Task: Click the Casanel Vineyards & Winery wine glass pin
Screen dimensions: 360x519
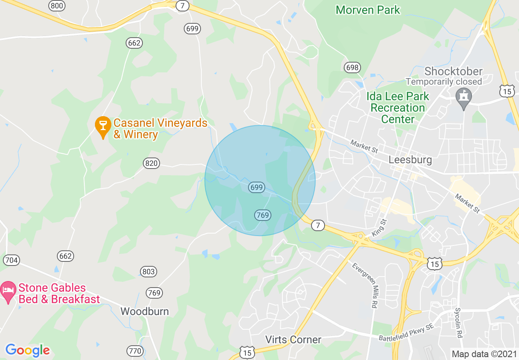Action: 103,126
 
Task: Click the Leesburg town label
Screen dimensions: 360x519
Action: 410,160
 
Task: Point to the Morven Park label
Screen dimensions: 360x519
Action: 368,10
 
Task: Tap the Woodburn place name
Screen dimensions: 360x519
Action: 144,311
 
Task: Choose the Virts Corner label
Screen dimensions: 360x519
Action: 293,340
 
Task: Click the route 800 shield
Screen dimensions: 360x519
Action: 56,6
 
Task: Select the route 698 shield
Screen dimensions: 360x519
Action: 352,67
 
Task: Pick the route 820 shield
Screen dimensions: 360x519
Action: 151,164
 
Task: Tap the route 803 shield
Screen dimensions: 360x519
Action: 149,272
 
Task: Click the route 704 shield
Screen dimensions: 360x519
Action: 11,260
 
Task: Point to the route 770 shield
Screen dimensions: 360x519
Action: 135,351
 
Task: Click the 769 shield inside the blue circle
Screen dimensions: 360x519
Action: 263,215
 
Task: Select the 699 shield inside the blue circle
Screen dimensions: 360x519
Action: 256,187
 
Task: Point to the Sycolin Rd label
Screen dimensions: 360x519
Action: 458,322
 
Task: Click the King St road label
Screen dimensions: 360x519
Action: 379,227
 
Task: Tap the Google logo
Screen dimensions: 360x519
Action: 27,350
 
